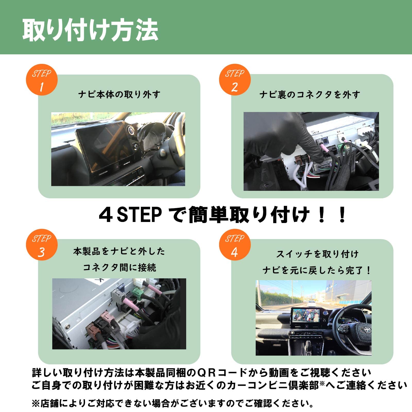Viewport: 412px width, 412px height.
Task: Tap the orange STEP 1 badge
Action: (42, 80)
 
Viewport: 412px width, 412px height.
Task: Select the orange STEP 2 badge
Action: (235, 80)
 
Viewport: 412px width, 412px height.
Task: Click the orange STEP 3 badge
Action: (42, 245)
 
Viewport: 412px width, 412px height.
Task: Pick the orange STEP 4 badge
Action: (235, 245)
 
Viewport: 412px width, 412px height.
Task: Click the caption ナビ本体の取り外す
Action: (119, 95)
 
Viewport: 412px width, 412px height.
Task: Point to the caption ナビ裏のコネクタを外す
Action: (310, 95)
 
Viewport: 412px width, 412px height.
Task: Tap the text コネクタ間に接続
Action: (119, 268)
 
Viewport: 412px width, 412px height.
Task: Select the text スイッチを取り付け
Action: (317, 254)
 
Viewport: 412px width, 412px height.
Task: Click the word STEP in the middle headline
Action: (139, 215)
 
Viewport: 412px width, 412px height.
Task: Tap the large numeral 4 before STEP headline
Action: (106, 215)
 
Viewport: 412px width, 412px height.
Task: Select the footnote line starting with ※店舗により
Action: (173, 404)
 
